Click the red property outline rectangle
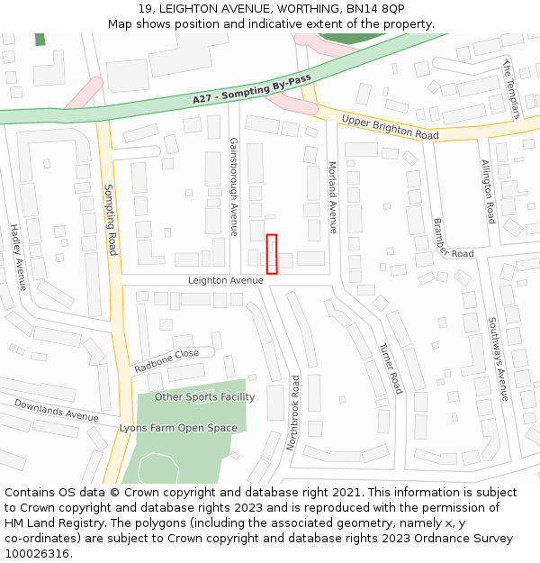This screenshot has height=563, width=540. pyautogui.click(x=272, y=254)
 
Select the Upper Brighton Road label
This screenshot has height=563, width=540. pyautogui.click(x=390, y=127)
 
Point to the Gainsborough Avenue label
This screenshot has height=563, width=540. pyautogui.click(x=233, y=186)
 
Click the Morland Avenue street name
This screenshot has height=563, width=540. pyautogui.click(x=332, y=197)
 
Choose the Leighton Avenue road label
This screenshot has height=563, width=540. pyautogui.click(x=225, y=280)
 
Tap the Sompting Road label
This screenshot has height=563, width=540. pyautogui.click(x=111, y=220)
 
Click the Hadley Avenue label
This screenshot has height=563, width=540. pyautogui.click(x=18, y=258)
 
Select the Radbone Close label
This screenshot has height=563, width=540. pyautogui.click(x=166, y=361)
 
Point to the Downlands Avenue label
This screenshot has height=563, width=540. pyautogui.click(x=56, y=411)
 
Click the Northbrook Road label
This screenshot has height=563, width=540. pyautogui.click(x=292, y=413)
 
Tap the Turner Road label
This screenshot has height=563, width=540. pyautogui.click(x=390, y=368)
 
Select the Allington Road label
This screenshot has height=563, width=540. pyautogui.click(x=487, y=192)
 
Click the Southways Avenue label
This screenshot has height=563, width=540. pyautogui.click(x=498, y=359)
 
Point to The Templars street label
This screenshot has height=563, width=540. pyautogui.click(x=511, y=88)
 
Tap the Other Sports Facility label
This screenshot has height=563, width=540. pyautogui.click(x=204, y=397)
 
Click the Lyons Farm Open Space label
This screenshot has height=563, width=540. pyautogui.click(x=178, y=429)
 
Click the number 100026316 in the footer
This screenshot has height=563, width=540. pyautogui.click(x=37, y=553)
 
